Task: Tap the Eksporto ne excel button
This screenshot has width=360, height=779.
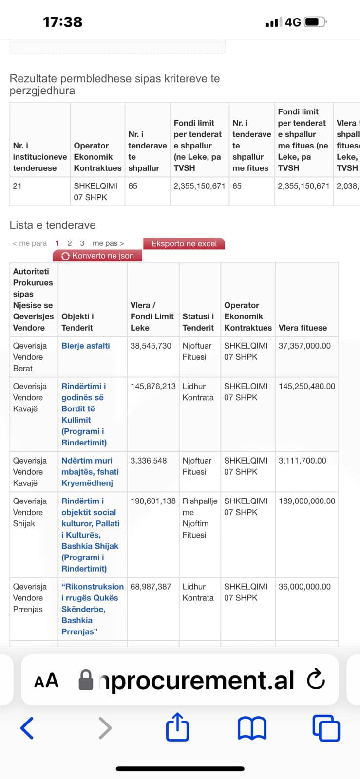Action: click(x=184, y=243)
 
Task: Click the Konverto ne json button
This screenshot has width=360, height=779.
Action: click(x=98, y=256)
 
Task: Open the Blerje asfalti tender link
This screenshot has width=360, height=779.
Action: click(x=86, y=346)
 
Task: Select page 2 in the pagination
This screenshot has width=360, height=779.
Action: click(x=70, y=243)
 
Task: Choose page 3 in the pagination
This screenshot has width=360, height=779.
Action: click(x=82, y=243)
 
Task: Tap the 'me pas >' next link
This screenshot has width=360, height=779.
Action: click(x=108, y=243)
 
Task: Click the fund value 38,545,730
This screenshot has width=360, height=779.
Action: click(x=151, y=346)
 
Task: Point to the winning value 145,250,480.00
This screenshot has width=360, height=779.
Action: click(x=307, y=386)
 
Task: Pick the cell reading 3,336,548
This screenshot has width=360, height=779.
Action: click(x=149, y=461)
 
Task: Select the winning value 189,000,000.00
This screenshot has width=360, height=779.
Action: click(x=307, y=501)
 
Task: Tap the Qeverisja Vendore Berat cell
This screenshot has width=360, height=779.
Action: click(x=30, y=357)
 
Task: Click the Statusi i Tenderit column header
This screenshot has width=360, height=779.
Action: click(x=198, y=322)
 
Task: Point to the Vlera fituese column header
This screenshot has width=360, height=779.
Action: click(x=303, y=328)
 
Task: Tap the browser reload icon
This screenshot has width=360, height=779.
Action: click(x=316, y=680)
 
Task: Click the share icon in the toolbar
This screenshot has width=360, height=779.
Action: click(x=177, y=727)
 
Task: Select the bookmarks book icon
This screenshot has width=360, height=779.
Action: click(x=252, y=728)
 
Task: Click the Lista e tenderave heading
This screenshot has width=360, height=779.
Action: click(x=53, y=225)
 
